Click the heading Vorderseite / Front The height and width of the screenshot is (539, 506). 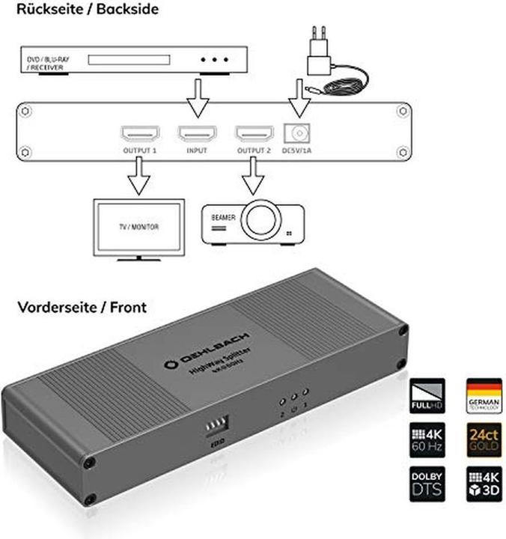pyautogui.click(x=73, y=306)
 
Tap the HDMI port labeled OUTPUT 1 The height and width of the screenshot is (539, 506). pyautogui.click(x=139, y=134)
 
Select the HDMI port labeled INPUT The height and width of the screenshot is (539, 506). pyautogui.click(x=196, y=134)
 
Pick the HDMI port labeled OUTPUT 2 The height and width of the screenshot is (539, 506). pyautogui.click(x=254, y=134)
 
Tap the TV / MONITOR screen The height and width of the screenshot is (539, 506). pyautogui.click(x=137, y=227)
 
